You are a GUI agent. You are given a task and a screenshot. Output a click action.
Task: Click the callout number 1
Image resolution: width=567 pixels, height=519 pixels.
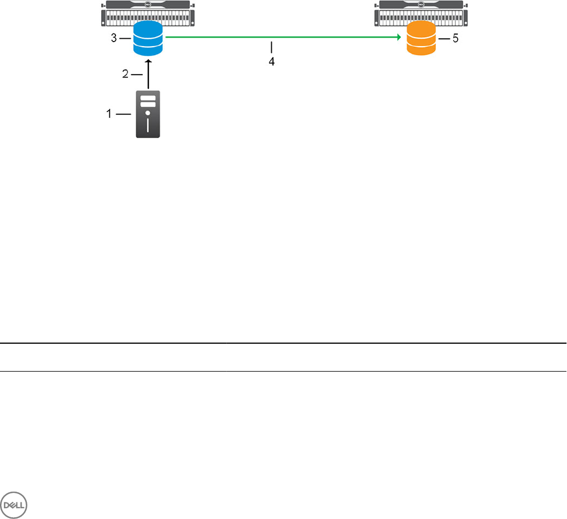109,114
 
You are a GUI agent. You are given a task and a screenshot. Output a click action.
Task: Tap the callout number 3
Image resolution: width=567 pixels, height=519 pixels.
114,39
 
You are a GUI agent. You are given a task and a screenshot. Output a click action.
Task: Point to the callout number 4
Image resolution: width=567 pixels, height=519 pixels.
272,62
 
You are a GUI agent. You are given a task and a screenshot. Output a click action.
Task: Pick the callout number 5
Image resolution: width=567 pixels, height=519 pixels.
456,40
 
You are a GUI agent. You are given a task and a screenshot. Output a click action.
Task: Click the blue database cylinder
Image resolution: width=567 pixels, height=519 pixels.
148,39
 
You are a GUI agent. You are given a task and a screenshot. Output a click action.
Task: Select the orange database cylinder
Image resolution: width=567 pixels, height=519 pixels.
421,39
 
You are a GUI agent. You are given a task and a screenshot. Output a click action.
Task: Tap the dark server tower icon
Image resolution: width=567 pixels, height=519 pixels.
148,114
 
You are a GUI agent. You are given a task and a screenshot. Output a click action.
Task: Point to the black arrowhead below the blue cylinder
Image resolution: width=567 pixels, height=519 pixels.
148,59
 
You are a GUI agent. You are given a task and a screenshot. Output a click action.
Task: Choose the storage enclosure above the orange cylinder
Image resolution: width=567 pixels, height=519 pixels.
421,13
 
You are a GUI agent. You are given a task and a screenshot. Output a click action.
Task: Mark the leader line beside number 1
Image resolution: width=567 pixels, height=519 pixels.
123,114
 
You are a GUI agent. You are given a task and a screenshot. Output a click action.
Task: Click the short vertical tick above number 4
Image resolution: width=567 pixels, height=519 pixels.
272,46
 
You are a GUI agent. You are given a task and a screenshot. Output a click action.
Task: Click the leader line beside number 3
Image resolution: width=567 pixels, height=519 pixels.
126,39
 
